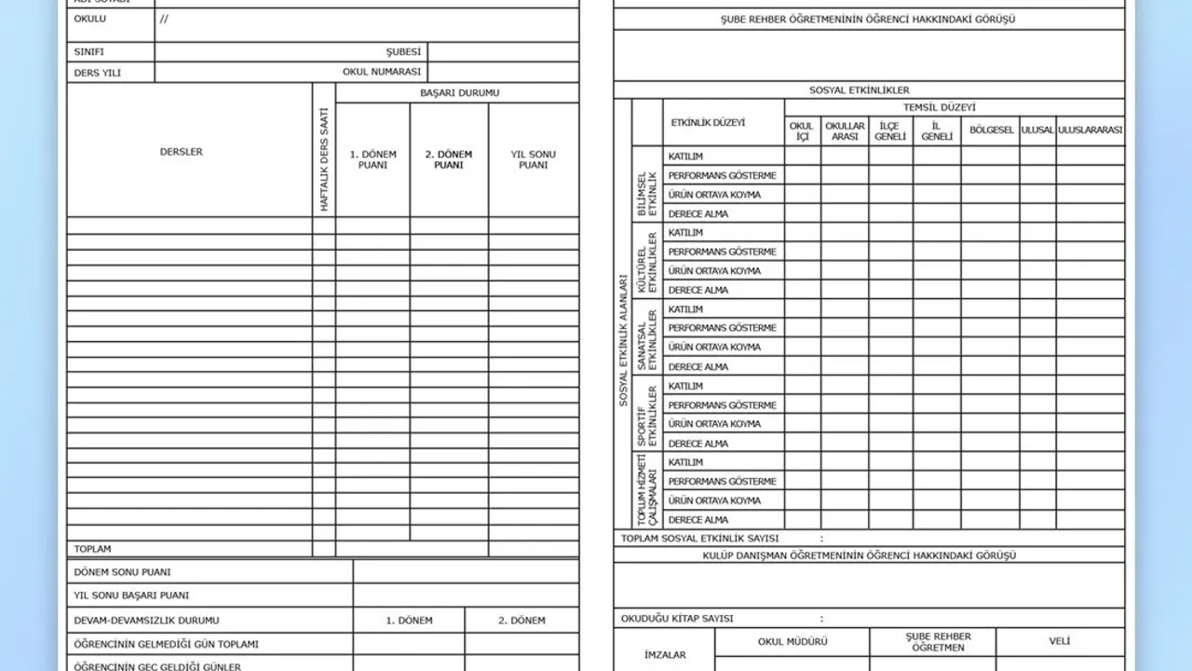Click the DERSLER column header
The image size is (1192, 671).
click(x=181, y=152)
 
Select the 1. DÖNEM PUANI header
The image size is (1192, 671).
click(x=372, y=159)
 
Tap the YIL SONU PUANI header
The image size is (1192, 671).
click(x=534, y=159)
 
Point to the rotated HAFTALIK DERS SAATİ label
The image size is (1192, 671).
click(x=324, y=158)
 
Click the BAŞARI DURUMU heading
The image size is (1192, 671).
click(x=459, y=93)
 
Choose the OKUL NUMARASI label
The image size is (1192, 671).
click(x=382, y=72)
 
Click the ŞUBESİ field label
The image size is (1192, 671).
click(x=404, y=52)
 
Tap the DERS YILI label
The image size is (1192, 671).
click(x=98, y=73)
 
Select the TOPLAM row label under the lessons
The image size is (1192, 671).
click(x=93, y=549)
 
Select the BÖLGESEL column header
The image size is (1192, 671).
click(x=991, y=130)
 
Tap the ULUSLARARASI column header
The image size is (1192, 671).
click(x=1090, y=130)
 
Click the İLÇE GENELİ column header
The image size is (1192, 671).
click(x=890, y=131)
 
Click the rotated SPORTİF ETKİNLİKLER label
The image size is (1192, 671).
click(x=646, y=415)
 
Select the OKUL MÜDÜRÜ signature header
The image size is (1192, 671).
click(x=792, y=642)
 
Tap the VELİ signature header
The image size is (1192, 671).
click(x=1060, y=641)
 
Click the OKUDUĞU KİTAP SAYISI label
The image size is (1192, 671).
click(x=677, y=619)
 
